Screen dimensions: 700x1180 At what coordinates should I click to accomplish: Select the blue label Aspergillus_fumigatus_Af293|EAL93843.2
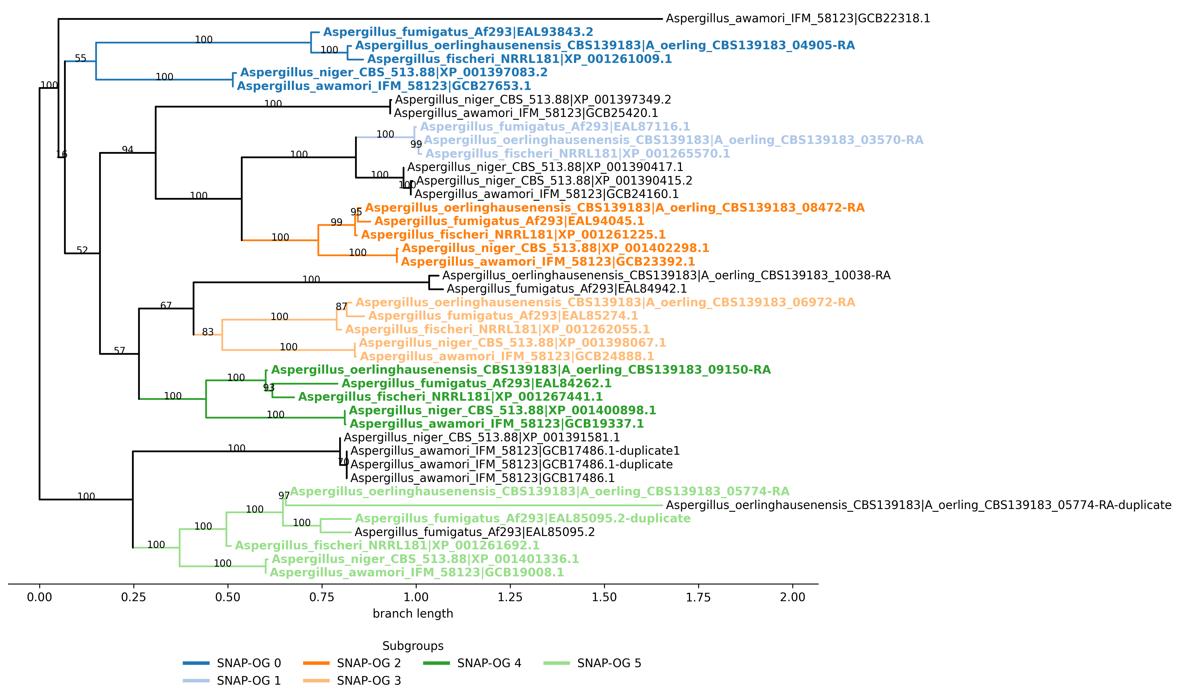(458, 32)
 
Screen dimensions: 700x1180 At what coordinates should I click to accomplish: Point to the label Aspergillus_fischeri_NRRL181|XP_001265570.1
(578, 154)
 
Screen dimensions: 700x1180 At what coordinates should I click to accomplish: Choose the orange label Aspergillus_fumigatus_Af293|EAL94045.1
(509, 221)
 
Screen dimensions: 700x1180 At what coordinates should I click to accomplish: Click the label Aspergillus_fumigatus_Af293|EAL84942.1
(566, 289)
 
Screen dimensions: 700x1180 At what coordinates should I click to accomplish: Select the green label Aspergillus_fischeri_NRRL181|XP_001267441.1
(450, 397)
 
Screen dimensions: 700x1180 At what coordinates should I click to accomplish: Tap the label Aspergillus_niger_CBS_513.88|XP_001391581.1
(481, 438)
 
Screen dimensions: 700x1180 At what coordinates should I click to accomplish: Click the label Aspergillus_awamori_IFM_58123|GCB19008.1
(417, 573)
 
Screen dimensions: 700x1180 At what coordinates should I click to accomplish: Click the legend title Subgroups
(413, 646)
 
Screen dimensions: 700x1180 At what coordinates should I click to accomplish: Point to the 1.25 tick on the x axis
(510, 597)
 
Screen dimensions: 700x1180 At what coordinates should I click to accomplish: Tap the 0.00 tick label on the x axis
(40, 597)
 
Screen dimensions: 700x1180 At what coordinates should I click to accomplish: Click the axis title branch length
(413, 614)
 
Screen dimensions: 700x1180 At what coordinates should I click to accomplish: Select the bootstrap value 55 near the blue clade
(81, 58)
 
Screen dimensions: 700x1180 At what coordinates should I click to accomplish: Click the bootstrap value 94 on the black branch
(127, 150)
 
